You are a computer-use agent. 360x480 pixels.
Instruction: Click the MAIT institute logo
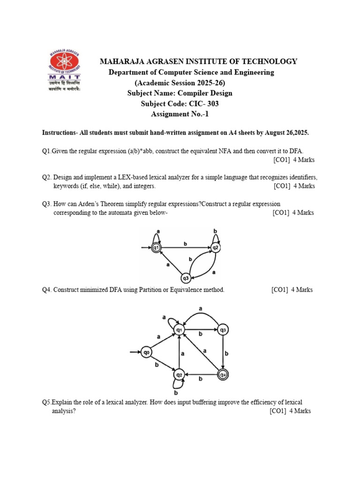65,70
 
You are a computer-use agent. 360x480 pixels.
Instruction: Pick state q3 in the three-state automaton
186,278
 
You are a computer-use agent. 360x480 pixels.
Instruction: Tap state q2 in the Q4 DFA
179,375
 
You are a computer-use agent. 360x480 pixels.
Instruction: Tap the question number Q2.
46,178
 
